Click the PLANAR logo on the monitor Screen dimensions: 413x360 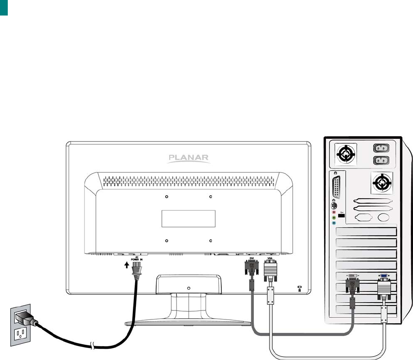[x=189, y=158]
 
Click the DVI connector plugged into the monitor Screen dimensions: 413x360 [x=251, y=269]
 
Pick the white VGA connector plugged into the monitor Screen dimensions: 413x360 [x=270, y=270]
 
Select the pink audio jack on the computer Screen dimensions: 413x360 [x=334, y=212]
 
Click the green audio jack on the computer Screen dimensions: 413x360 [x=334, y=218]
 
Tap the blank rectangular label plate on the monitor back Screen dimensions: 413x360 [x=189, y=219]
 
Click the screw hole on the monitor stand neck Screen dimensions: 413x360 [x=189, y=288]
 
